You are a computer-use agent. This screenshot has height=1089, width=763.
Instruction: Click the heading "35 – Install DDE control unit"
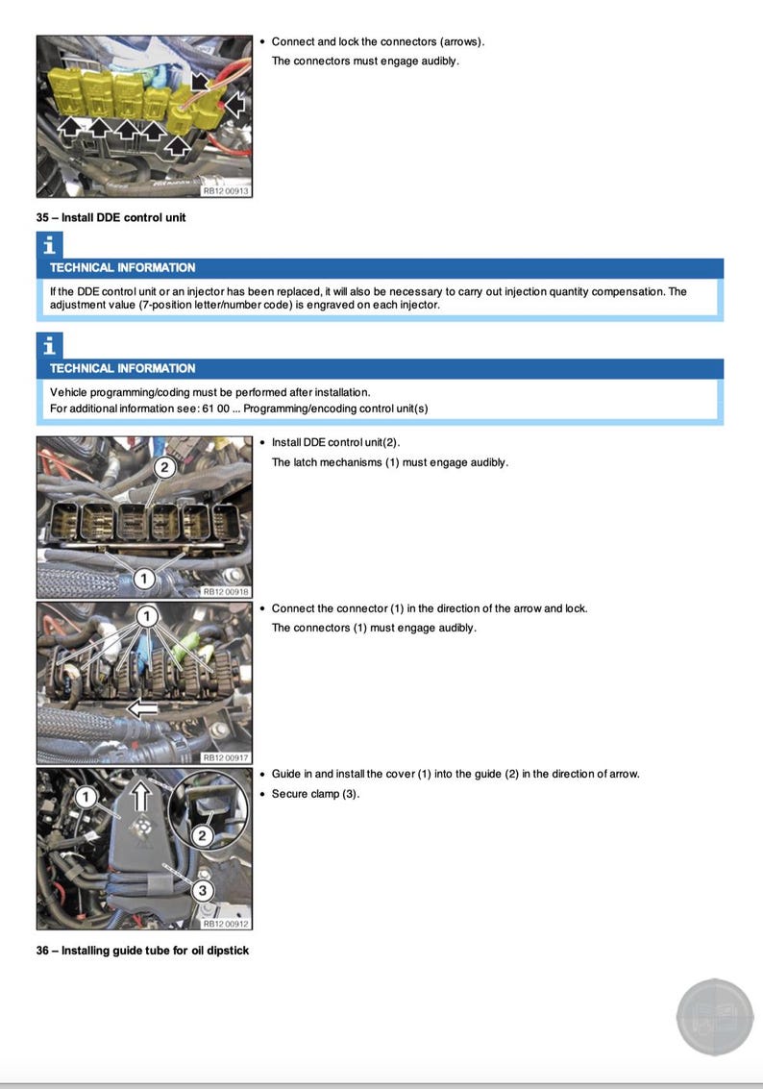click(x=111, y=217)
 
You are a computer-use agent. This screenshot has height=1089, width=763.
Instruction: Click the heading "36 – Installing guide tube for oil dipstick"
click(x=142, y=951)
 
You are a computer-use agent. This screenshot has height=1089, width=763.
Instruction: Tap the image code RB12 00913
click(x=225, y=190)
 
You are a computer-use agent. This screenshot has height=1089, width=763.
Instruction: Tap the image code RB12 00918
click(x=225, y=592)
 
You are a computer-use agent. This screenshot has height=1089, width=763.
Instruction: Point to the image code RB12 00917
click(x=225, y=757)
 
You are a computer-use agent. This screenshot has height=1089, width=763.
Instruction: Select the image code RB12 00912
click(x=225, y=924)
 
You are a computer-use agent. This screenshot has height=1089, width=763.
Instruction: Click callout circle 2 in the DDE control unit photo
click(x=164, y=467)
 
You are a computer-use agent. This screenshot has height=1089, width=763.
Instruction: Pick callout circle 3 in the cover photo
click(x=202, y=891)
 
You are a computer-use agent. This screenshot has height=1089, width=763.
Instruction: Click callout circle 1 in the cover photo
click(x=86, y=796)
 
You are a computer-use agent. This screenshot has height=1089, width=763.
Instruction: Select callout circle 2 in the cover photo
click(x=202, y=836)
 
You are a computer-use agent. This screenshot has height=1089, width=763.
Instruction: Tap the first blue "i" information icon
click(x=48, y=245)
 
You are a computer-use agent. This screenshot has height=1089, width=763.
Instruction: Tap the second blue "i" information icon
click(x=48, y=346)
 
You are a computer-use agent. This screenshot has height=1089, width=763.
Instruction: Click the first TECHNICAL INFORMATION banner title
click(x=122, y=268)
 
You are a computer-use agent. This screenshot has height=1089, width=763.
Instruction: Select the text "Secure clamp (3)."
click(x=315, y=794)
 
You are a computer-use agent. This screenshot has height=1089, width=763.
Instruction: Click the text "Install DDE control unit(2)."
click(x=335, y=442)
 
